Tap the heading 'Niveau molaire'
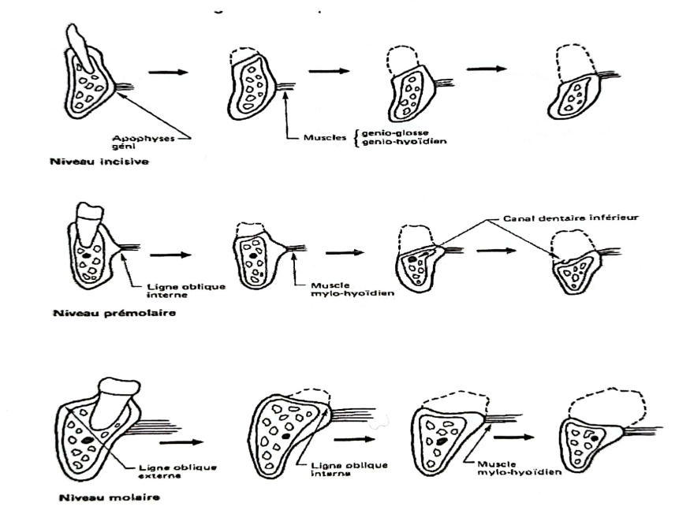[93, 497]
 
